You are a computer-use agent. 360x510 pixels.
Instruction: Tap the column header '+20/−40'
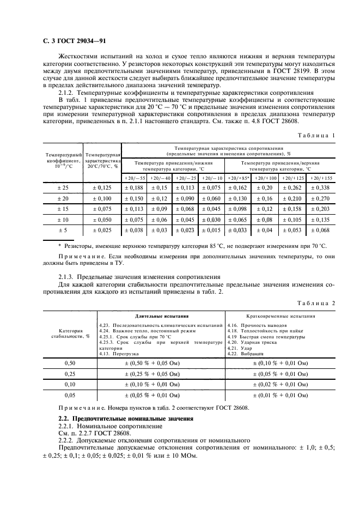pos(160,178)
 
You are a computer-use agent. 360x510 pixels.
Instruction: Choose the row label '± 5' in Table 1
pos(62,231)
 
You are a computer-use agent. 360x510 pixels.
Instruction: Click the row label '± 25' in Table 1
pos(62,188)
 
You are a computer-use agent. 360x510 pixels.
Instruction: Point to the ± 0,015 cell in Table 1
pos(211,231)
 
